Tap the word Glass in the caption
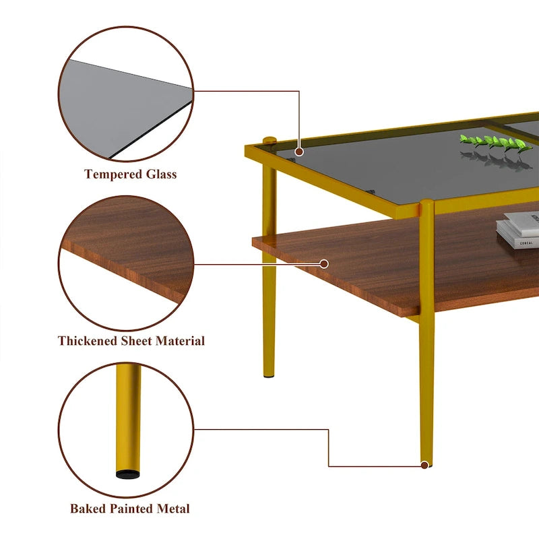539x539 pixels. coord(161,175)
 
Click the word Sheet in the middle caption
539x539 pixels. coord(138,341)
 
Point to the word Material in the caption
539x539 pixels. coord(180,341)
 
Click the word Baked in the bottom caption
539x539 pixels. coord(88,509)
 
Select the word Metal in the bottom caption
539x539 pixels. coord(175,509)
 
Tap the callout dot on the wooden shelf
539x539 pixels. coord(324,263)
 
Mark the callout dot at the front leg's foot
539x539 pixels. coord(424,464)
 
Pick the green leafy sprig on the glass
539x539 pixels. coord(495,142)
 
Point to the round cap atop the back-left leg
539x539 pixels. coord(269,140)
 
